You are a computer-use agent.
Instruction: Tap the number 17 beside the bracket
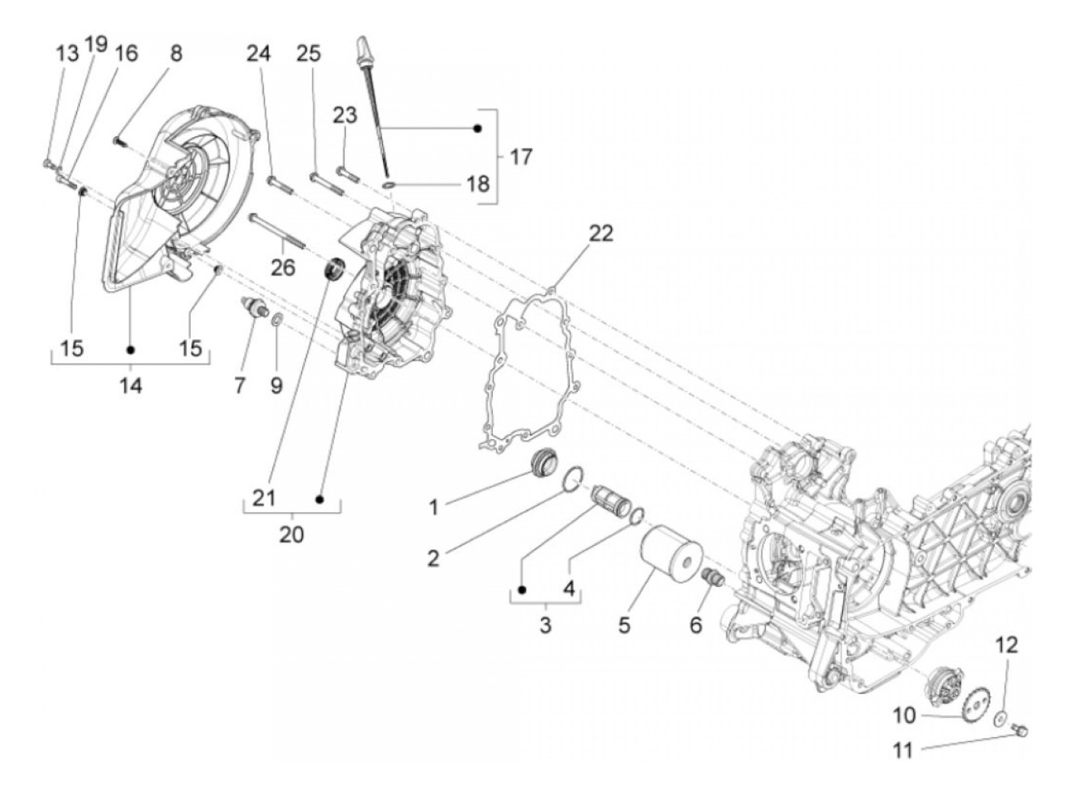tap(521, 157)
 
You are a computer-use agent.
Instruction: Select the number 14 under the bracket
tap(130, 387)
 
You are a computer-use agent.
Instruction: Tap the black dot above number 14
tap(130, 349)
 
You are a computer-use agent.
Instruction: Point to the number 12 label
tap(1006, 646)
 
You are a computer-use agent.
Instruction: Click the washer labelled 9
tap(275, 316)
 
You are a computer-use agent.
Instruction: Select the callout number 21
tap(263, 499)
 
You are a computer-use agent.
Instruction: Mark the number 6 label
tap(695, 625)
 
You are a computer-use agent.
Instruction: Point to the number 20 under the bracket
tap(291, 535)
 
